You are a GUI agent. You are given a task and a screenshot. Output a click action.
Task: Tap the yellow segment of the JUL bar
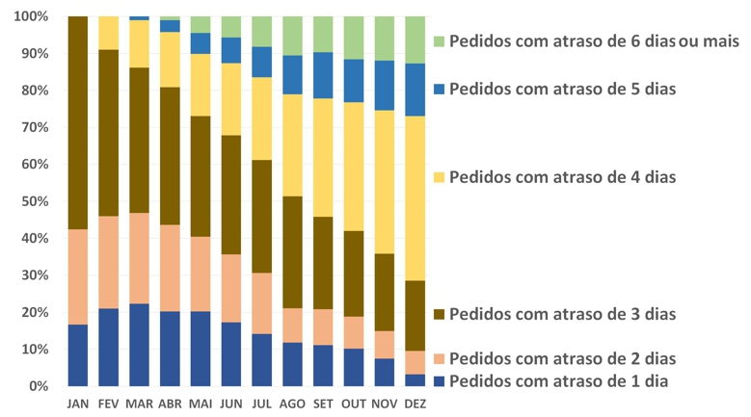tap(262, 118)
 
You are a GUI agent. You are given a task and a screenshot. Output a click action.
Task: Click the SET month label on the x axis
tap(324, 404)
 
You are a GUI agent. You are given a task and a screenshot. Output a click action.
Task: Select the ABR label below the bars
tap(170, 404)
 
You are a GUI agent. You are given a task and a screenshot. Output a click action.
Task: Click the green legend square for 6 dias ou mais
tap(440, 42)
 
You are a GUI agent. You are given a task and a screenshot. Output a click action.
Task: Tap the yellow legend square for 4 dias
tap(440, 177)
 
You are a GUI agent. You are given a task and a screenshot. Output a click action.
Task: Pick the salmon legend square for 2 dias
tap(440, 359)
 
